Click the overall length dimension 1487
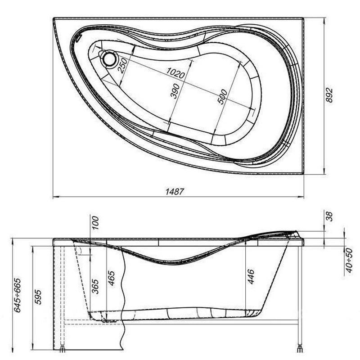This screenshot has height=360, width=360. pyautogui.click(x=175, y=192)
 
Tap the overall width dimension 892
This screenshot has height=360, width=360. pyautogui.click(x=329, y=95)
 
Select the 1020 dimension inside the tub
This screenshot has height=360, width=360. pyautogui.click(x=175, y=73)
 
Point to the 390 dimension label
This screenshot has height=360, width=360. pyautogui.click(x=175, y=91)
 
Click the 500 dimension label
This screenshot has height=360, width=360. pyautogui.click(x=222, y=97)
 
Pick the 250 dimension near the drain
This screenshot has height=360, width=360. pyautogui.click(x=122, y=65)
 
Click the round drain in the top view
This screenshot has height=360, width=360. pyautogui.click(x=108, y=59)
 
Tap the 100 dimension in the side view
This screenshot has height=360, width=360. pyautogui.click(x=95, y=223)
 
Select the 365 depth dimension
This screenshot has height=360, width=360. pyautogui.click(x=95, y=286)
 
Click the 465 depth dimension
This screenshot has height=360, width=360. pyautogui.click(x=112, y=278)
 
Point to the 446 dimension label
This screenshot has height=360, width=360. pyautogui.click(x=251, y=276)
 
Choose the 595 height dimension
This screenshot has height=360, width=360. pyautogui.click(x=38, y=297)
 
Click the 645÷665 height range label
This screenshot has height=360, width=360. pyautogui.click(x=18, y=295)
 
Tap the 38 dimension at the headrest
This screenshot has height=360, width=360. pyautogui.click(x=329, y=216)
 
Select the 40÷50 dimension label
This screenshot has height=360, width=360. pyautogui.click(x=349, y=261)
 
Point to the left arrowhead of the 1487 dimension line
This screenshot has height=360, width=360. pyautogui.click(x=56, y=197)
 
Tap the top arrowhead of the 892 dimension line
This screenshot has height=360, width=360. pyautogui.click(x=324, y=21)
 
